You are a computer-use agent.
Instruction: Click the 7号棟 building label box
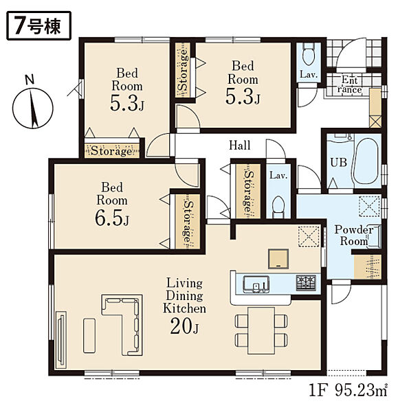click(38, 26)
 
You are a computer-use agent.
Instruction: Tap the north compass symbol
click(32, 108)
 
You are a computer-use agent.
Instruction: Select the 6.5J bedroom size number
click(112, 218)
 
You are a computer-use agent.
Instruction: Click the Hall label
click(240, 145)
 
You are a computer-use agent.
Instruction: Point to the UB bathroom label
click(338, 162)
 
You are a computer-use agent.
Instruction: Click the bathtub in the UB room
click(366, 161)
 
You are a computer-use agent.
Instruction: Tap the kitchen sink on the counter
click(256, 284)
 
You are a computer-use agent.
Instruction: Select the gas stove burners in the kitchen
click(306, 283)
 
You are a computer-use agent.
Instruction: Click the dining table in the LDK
click(261, 330)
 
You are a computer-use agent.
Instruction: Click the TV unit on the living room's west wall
click(61, 340)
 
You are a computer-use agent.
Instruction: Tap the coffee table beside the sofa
click(89, 336)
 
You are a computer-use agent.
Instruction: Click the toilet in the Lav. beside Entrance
click(308, 55)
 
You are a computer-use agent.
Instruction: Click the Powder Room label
click(354, 236)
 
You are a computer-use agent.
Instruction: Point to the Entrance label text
click(350, 84)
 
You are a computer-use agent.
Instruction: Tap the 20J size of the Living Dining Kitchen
click(184, 325)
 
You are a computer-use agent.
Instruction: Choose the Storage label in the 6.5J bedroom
click(188, 222)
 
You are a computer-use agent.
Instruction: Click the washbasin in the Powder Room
click(374, 237)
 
